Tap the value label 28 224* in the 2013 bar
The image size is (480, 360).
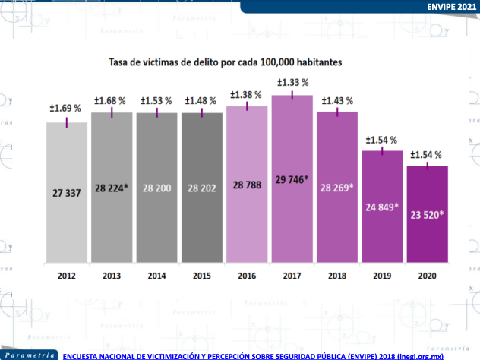[x=112, y=188]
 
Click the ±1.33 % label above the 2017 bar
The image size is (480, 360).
[x=292, y=83]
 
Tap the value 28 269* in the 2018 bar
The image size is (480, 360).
[x=337, y=188]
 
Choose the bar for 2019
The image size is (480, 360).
[x=382, y=213]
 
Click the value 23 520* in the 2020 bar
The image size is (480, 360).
[x=428, y=214]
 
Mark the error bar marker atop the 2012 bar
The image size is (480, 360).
[x=67, y=123]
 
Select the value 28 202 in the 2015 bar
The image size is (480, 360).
[x=201, y=188]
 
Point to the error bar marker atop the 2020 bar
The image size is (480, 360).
[x=428, y=166]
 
